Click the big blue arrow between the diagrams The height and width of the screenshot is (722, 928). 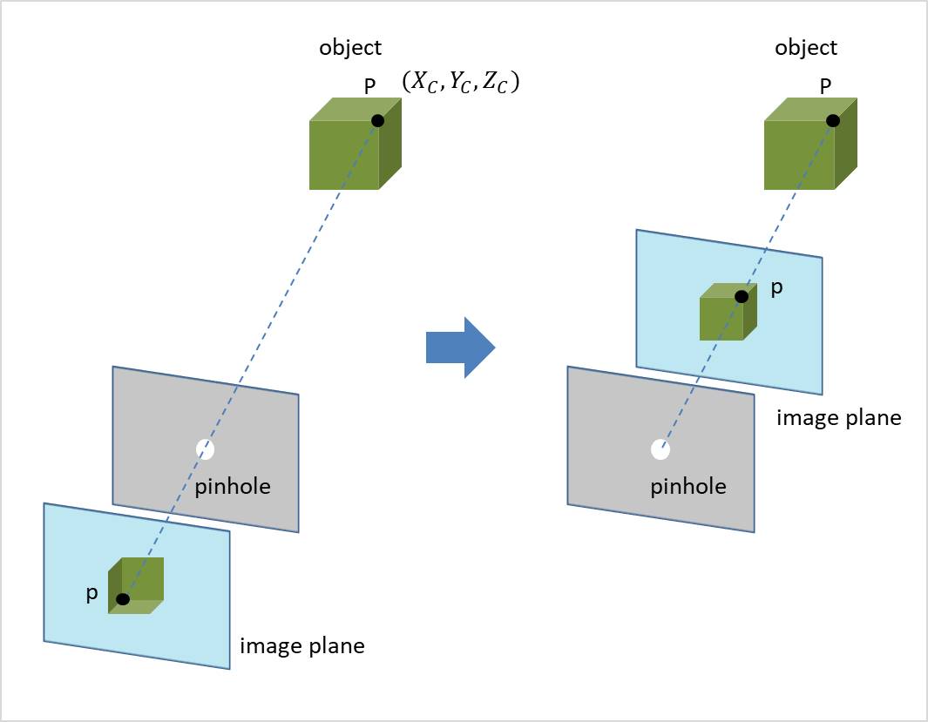(x=459, y=347)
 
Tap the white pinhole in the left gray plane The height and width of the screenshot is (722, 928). (x=206, y=449)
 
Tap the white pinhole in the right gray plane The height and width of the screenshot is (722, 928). (x=660, y=449)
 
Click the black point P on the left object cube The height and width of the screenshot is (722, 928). (x=377, y=121)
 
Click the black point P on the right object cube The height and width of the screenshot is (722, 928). (x=833, y=121)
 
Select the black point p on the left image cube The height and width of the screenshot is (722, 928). (x=123, y=599)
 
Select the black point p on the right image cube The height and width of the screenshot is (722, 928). (x=741, y=296)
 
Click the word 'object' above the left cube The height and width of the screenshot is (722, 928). (x=350, y=48)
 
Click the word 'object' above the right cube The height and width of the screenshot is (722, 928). (x=806, y=48)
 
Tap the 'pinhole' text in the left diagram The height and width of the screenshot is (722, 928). (x=233, y=486)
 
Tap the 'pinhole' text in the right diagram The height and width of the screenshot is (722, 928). (x=688, y=486)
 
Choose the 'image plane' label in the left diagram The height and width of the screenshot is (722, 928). (x=301, y=646)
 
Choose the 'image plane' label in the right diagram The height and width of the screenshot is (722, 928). (x=838, y=417)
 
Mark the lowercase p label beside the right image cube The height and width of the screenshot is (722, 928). (x=776, y=288)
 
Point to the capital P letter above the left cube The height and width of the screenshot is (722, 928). (x=369, y=85)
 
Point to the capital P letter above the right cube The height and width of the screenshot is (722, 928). (x=825, y=85)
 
